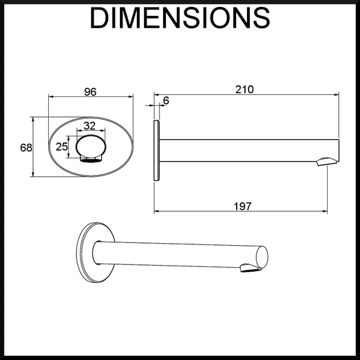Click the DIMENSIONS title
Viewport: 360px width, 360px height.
pyautogui.click(x=180, y=18)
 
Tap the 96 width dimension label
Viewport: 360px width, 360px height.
pyautogui.click(x=90, y=92)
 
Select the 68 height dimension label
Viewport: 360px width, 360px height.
pyautogui.click(x=26, y=147)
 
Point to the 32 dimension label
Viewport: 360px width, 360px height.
pyautogui.click(x=89, y=126)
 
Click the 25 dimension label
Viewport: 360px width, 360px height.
pyautogui.click(x=62, y=147)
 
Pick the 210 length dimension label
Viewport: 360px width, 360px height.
pyautogui.click(x=244, y=89)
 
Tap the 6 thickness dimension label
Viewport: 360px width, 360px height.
pyautogui.click(x=166, y=100)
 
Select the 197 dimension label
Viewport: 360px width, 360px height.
pyautogui.click(x=243, y=207)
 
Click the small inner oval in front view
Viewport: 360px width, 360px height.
pyautogui.click(x=91, y=147)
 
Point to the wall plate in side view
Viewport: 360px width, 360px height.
pyautogui.click(x=156, y=150)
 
